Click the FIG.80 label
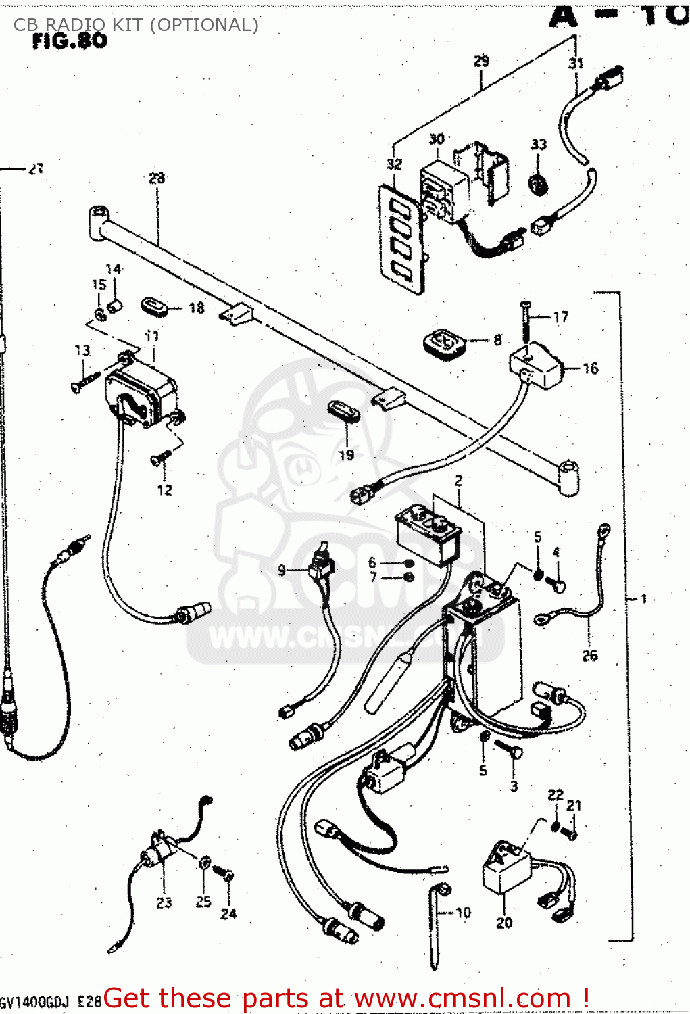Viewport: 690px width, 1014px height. [70, 41]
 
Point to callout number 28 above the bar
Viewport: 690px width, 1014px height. [157, 178]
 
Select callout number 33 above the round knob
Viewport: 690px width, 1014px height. [539, 145]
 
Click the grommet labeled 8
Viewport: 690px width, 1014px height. [445, 343]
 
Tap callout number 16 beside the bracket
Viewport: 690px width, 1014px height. [590, 368]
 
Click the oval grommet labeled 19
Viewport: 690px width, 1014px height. [343, 412]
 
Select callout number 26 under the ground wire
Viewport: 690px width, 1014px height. [590, 655]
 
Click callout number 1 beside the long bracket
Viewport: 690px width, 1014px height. [644, 599]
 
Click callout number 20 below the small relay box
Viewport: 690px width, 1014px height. [504, 923]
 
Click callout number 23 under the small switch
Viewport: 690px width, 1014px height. [164, 902]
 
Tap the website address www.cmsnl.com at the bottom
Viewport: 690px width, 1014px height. [462, 998]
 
